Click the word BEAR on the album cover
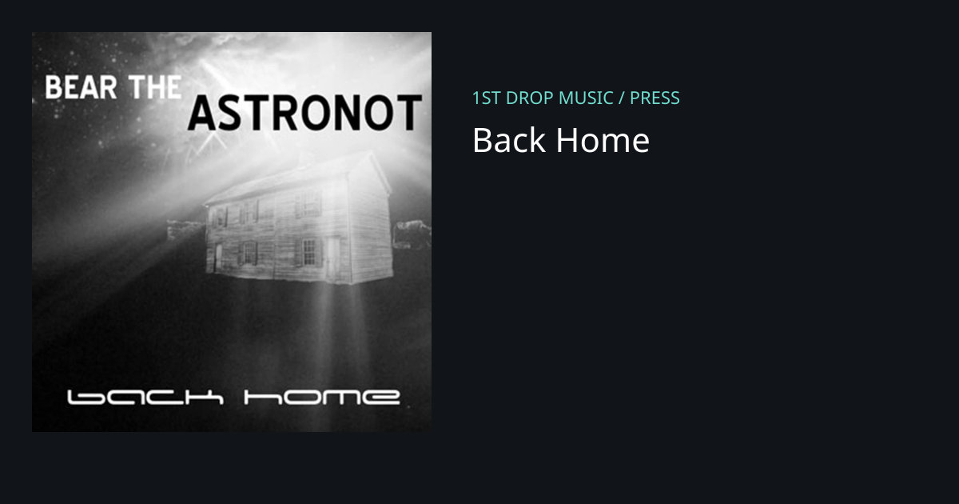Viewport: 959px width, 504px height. click(x=81, y=87)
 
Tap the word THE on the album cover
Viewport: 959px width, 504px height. click(x=155, y=87)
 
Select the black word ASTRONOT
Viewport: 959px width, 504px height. click(x=304, y=113)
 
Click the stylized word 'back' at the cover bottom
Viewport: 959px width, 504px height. click(x=145, y=398)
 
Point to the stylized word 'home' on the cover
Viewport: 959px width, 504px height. click(x=322, y=398)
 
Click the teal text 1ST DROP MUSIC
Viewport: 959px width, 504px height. click(x=543, y=98)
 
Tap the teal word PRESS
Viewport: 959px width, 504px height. click(x=655, y=98)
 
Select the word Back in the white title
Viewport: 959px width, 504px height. click(x=509, y=140)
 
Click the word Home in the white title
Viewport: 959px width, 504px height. click(x=603, y=140)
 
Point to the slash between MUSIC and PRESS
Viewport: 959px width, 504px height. click(x=622, y=98)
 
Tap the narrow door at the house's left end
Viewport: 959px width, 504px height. click(x=218, y=256)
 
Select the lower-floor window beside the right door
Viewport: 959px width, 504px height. click(x=308, y=252)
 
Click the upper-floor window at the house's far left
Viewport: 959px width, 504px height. click(x=219, y=218)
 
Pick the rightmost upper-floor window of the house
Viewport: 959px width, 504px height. click(x=308, y=203)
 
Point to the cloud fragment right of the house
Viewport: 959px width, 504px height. click(x=412, y=234)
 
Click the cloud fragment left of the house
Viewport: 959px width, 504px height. click(x=186, y=230)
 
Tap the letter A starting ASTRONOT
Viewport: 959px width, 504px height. click(x=201, y=113)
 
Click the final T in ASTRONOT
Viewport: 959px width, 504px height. click(x=408, y=113)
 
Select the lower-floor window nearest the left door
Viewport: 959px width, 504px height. click(x=249, y=254)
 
